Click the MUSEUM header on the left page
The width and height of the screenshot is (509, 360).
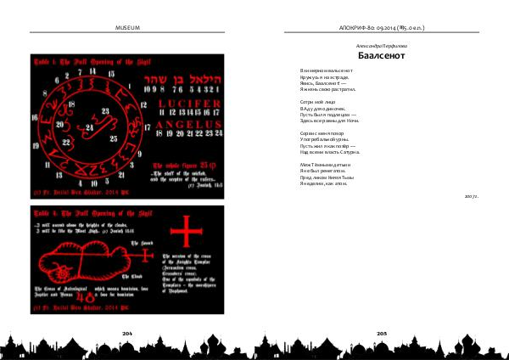[x=126, y=28]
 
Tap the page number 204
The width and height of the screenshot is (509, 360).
[x=127, y=335]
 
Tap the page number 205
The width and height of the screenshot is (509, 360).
[x=382, y=335]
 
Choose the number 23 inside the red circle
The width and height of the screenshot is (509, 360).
[x=104, y=110]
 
